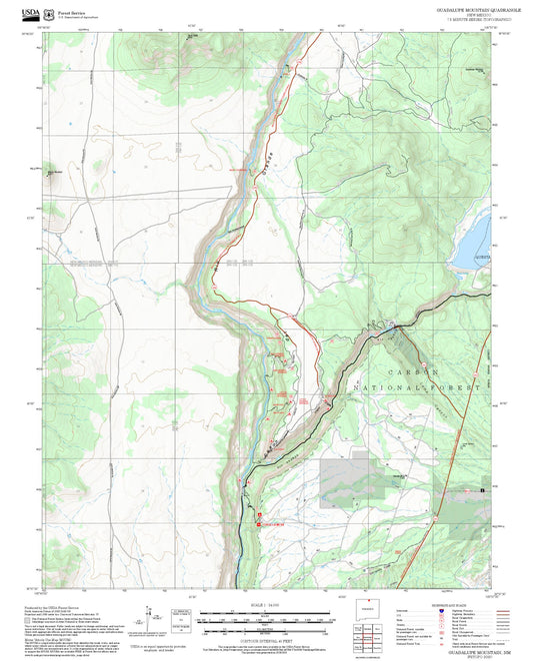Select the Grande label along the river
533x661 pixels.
pos(269,160)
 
